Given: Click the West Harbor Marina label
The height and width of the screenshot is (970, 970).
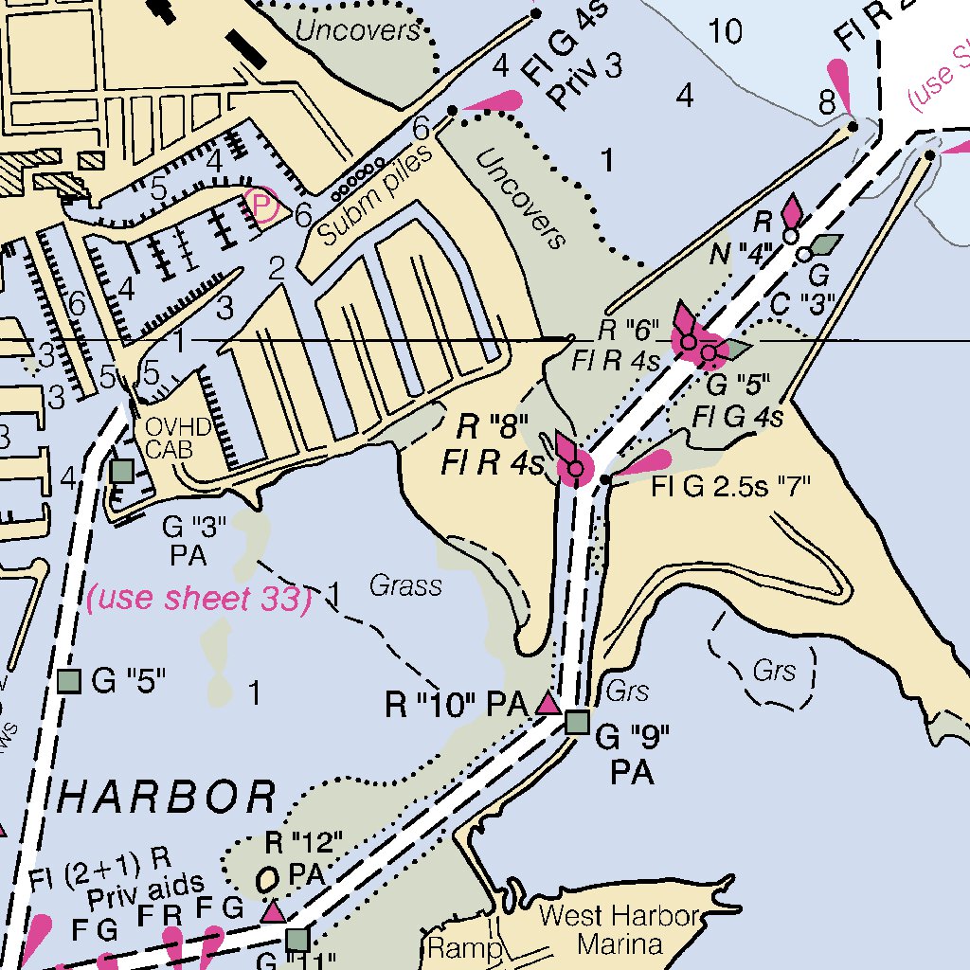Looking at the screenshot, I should click(x=619, y=930).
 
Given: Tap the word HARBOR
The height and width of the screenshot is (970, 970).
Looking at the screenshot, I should click(x=168, y=797).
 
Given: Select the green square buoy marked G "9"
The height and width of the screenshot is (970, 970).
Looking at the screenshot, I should click(x=577, y=723).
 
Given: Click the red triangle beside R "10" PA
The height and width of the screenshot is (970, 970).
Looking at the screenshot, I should click(x=547, y=704).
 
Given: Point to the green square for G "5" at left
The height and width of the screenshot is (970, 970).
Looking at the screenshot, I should click(x=68, y=680).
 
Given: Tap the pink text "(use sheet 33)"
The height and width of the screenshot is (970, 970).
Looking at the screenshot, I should click(x=199, y=599).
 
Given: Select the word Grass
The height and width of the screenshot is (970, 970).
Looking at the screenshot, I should click(x=405, y=586).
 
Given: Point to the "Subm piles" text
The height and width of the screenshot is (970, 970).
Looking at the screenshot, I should click(x=374, y=195).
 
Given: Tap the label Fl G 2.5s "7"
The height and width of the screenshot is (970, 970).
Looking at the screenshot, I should click(x=732, y=490).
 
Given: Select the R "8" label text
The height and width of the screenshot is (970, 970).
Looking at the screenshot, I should click(x=492, y=426).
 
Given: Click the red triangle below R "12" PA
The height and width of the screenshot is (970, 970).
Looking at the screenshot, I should click(x=274, y=911).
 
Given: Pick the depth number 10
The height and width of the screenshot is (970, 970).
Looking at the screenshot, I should click(x=726, y=32).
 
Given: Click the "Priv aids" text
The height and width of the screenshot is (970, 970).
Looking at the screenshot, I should click(x=145, y=888).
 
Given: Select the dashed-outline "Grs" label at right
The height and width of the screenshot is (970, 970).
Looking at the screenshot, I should click(x=774, y=672).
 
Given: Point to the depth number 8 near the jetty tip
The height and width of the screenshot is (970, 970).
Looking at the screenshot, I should click(x=827, y=99).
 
